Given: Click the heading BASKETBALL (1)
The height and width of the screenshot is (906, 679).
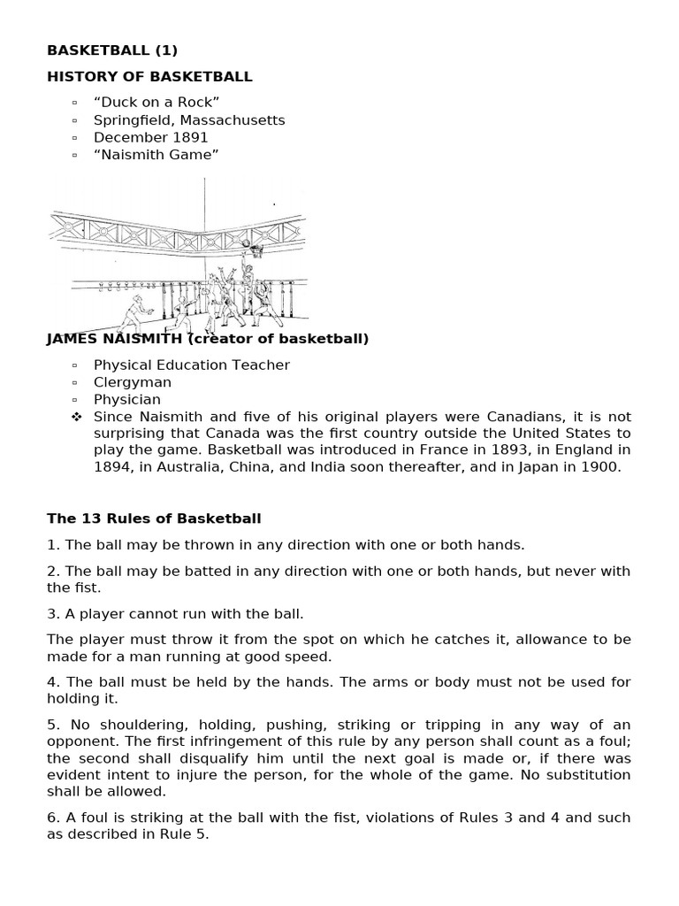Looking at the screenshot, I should [112, 50].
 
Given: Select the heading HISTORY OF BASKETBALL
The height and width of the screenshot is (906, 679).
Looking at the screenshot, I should [149, 77].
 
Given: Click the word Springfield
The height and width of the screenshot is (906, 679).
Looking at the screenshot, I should [132, 120].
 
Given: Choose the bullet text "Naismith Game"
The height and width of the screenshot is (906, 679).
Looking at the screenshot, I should [156, 155].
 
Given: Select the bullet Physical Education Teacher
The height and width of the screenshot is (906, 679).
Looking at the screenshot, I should [191, 365].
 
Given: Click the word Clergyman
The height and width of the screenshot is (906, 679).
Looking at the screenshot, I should [133, 382].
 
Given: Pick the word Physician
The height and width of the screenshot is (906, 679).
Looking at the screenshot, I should [127, 400].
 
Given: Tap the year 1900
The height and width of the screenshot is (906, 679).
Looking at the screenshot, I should [601, 468].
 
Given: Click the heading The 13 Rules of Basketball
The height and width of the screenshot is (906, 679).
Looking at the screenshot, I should [154, 518].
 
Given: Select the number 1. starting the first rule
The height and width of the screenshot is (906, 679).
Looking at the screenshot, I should [53, 545].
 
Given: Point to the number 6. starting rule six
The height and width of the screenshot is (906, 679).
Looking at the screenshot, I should [53, 818].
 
